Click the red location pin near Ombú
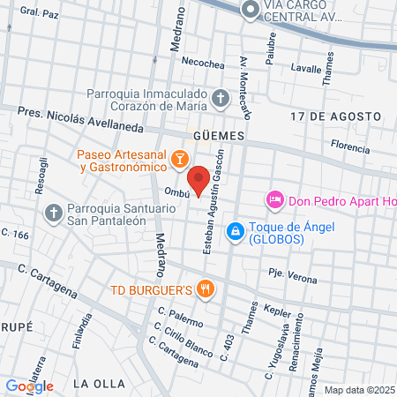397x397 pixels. pos(199,179)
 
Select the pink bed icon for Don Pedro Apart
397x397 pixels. pos(274,200)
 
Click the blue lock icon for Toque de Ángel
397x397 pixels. pos(235,231)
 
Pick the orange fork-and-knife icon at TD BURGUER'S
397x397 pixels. pos(206,288)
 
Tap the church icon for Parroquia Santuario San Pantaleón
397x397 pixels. pos(52,213)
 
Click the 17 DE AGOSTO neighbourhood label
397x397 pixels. pos(335,116)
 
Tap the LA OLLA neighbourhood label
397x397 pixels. pos(95,383)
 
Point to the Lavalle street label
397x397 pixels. pos(306,68)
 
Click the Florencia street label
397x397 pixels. pos(349,144)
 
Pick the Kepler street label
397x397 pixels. pos(277,309)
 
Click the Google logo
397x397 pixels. pos(30,386)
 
